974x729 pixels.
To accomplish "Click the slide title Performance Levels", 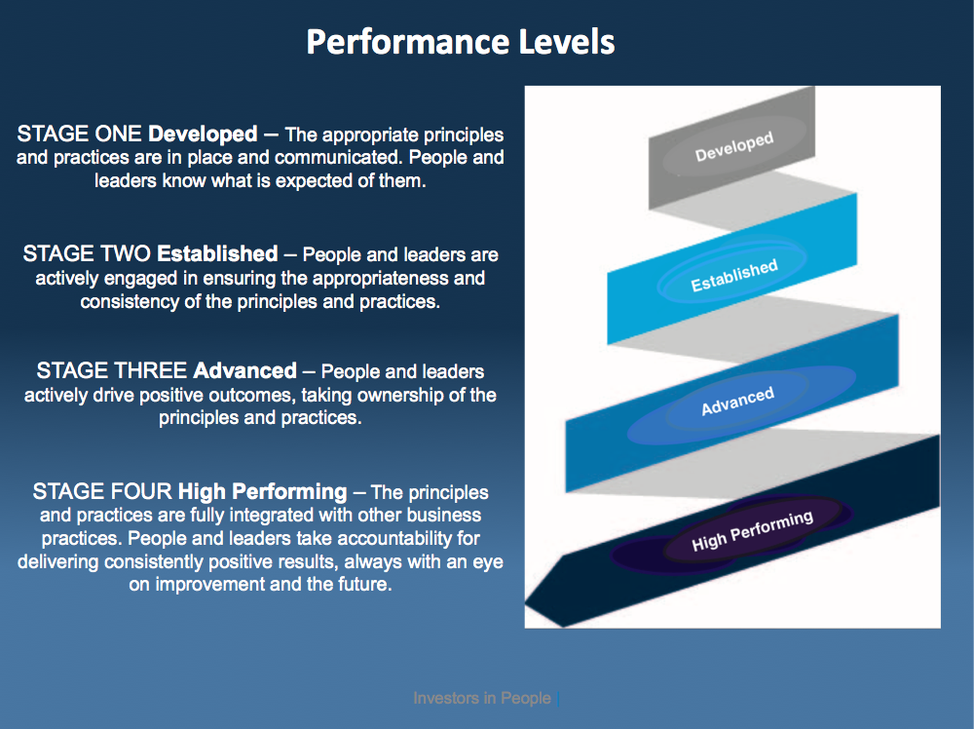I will (460, 43).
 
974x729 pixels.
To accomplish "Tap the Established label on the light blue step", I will (733, 276).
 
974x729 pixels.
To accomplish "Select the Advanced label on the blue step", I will (737, 401).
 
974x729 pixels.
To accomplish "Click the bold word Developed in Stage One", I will (204, 134).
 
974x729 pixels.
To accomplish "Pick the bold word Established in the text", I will (217, 254).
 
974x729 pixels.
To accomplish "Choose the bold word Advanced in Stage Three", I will (244, 371).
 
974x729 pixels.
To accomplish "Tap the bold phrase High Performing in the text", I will (262, 491).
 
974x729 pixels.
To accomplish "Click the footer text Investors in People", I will (482, 698).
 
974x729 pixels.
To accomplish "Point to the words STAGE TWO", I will (87, 254).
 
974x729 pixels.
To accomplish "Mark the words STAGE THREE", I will (111, 371).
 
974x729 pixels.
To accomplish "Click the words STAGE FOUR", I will (102, 491).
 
